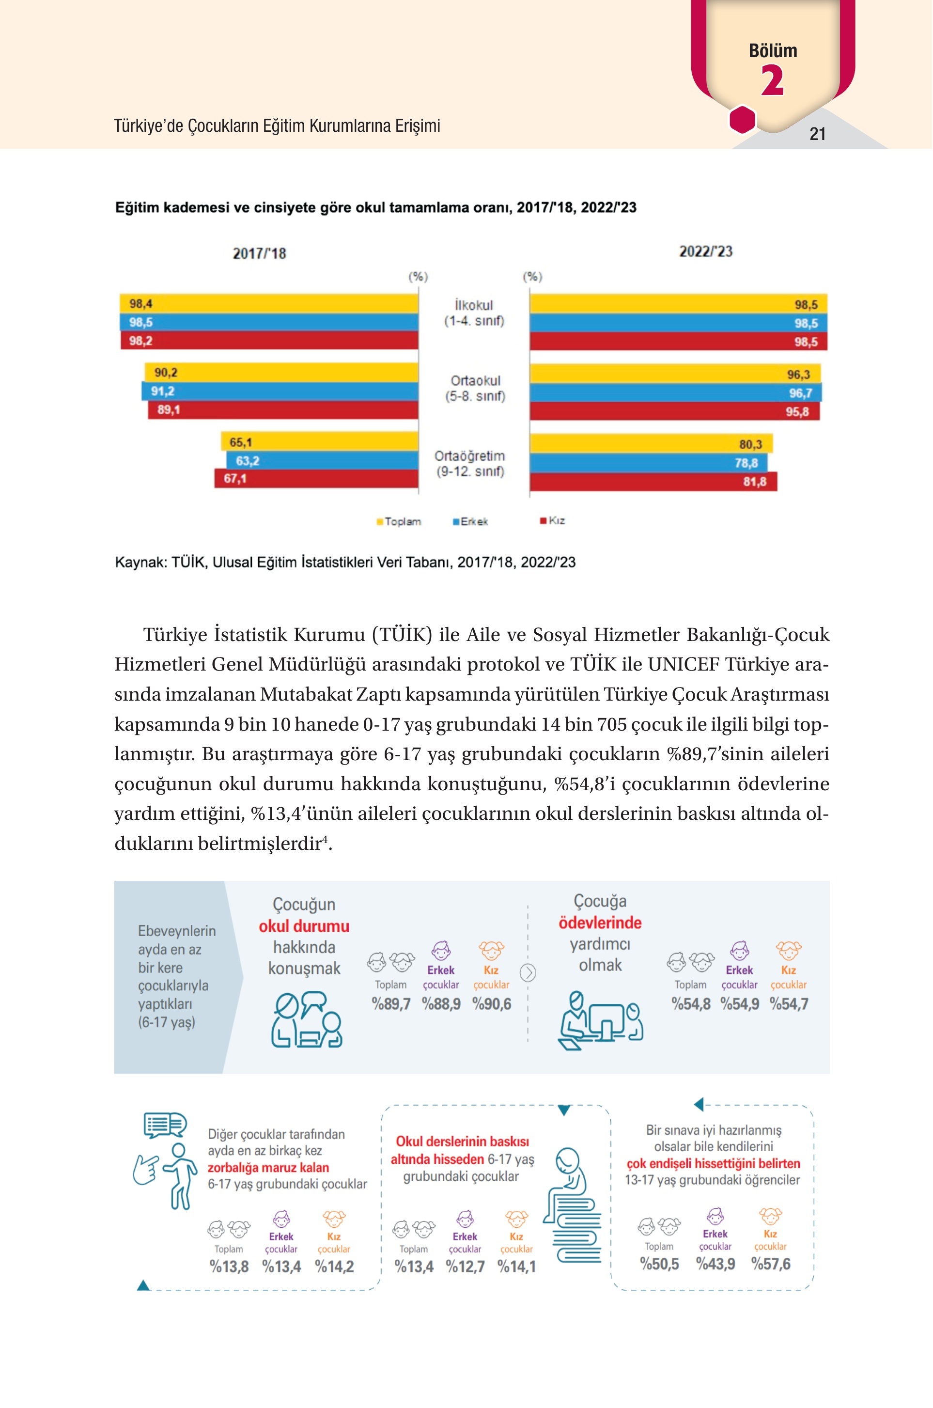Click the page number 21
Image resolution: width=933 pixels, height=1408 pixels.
817,134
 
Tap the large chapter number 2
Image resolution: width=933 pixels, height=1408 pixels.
772,80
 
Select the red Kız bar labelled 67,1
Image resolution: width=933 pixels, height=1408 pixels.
316,478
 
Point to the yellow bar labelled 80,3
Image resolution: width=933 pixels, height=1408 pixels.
651,444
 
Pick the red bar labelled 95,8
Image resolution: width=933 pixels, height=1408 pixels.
675,411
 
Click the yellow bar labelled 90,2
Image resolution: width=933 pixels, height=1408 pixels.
281,373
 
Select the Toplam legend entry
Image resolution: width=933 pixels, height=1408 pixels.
399,522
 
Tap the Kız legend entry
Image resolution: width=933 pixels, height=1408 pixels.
553,521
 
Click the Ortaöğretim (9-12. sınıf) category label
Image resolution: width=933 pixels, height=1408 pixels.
469,464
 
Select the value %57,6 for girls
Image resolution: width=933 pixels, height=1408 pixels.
771,1264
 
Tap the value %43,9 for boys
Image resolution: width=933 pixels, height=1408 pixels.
715,1264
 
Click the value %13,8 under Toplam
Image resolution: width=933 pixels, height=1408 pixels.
229,1267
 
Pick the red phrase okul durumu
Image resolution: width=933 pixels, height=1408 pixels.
304,926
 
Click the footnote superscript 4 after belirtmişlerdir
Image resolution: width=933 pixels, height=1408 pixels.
324,839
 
